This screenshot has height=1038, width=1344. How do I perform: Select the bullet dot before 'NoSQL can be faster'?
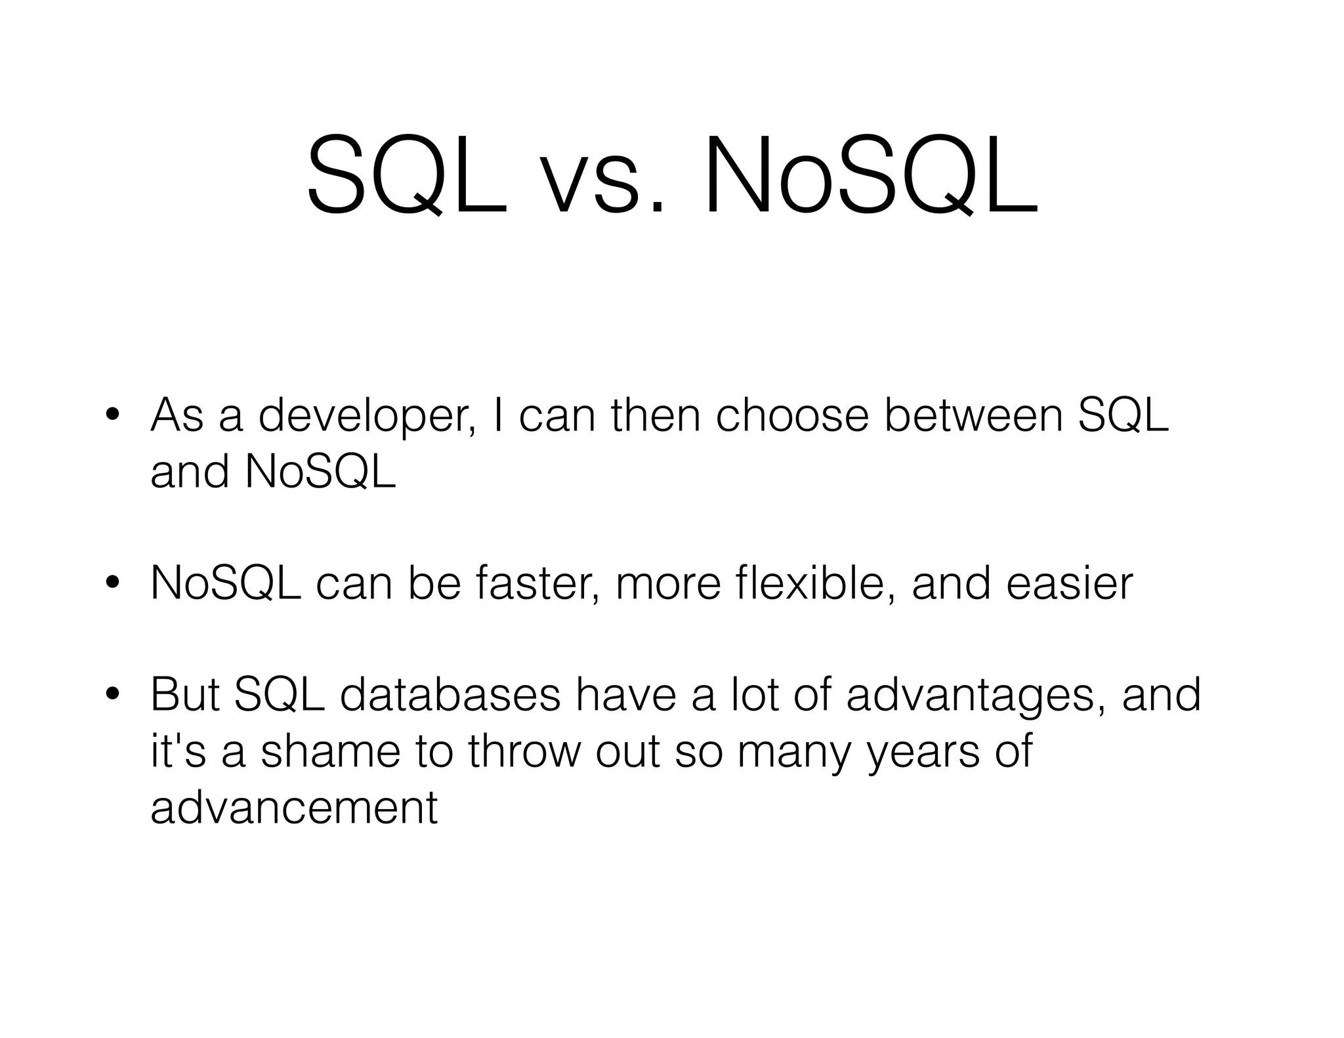pyautogui.click(x=113, y=583)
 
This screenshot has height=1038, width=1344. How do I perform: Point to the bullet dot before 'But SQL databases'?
pyautogui.click(x=113, y=694)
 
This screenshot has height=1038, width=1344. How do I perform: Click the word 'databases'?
pyautogui.click(x=450, y=694)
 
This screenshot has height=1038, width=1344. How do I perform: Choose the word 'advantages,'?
pyautogui.click(x=976, y=695)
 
